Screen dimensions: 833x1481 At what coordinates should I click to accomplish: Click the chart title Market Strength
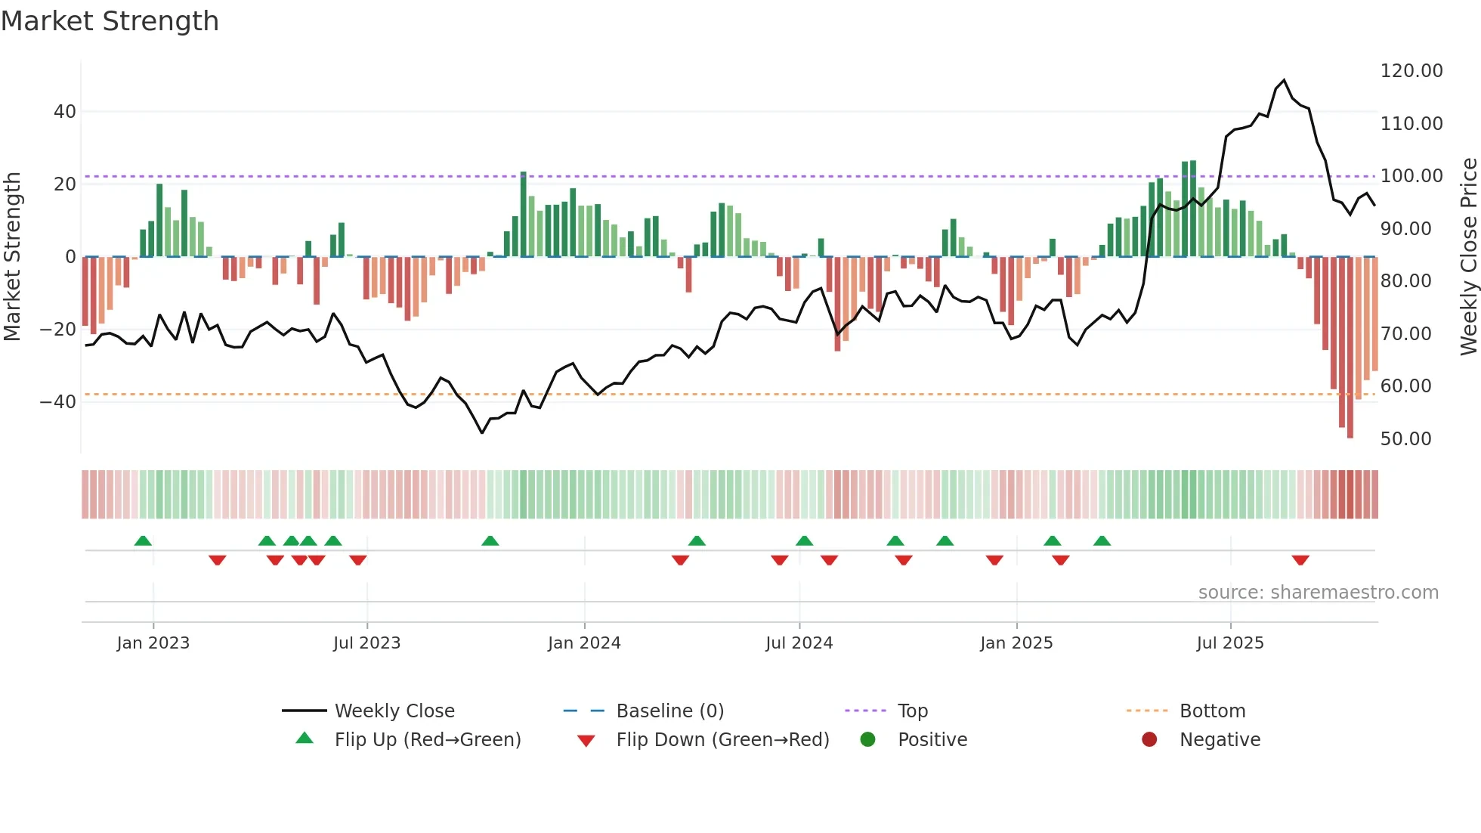(x=110, y=21)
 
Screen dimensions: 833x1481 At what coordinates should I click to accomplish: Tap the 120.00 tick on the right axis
(x=1411, y=71)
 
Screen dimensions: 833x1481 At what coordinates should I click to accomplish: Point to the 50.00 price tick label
(x=1405, y=439)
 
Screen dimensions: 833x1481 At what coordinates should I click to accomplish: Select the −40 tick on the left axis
(x=58, y=402)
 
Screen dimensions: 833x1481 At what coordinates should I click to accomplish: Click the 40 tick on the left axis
(x=65, y=112)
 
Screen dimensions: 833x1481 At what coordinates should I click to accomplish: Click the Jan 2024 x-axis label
(x=584, y=643)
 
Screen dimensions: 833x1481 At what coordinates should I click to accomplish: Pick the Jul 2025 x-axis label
(x=1229, y=643)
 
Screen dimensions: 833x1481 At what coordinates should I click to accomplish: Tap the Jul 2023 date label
(x=366, y=643)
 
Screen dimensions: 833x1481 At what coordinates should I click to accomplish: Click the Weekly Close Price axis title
(x=1468, y=256)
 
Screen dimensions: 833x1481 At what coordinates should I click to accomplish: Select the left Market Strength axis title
(x=12, y=256)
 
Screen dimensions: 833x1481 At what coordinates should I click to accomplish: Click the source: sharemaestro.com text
(x=1318, y=593)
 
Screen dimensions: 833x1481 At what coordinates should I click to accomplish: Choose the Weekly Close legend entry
(x=394, y=711)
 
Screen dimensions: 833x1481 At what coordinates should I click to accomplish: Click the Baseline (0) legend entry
(x=669, y=711)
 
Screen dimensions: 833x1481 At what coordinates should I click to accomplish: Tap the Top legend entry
(x=912, y=711)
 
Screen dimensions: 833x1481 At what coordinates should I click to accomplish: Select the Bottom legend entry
(x=1212, y=711)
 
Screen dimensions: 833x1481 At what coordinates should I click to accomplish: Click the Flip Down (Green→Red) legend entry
(x=722, y=740)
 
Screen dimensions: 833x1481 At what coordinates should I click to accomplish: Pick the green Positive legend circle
(x=867, y=740)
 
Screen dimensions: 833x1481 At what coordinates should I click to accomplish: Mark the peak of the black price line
(x=1284, y=80)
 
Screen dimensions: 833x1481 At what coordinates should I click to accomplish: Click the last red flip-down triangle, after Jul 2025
(x=1300, y=560)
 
